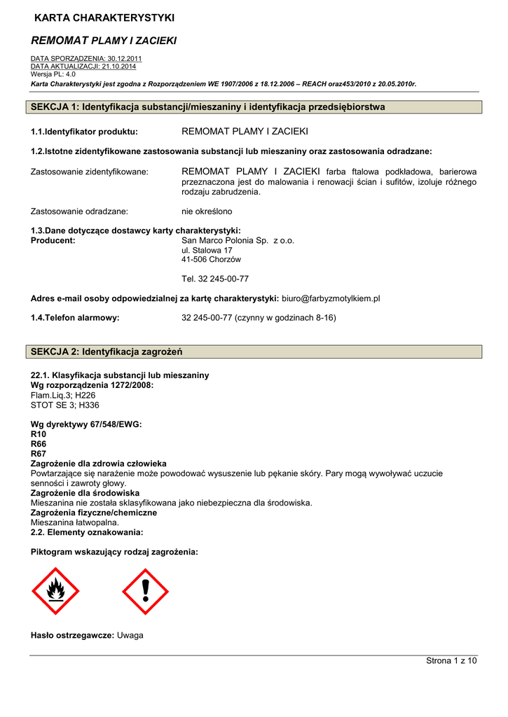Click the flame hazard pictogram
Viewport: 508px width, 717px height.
coord(55,591)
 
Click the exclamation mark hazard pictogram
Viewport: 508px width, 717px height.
coord(145,591)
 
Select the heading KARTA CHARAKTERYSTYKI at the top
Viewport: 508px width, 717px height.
coord(104,17)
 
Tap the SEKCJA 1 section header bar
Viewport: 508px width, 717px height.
coord(256,107)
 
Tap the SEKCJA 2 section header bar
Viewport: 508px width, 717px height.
coord(256,351)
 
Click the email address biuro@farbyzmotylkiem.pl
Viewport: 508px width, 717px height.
coord(331,298)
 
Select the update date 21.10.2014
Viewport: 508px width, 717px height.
coord(118,66)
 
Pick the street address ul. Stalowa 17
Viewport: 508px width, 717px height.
coord(207,250)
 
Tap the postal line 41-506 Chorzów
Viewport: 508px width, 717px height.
coord(211,260)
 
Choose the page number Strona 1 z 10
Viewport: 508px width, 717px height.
coord(451,661)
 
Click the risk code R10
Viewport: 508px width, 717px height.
coord(39,434)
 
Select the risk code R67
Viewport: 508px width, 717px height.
coord(39,454)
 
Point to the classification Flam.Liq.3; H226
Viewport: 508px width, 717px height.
coord(63,395)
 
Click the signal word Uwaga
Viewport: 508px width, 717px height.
coord(130,635)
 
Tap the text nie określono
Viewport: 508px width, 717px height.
coord(207,211)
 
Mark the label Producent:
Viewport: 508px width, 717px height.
coord(53,240)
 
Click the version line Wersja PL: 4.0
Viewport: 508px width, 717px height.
coord(53,74)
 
